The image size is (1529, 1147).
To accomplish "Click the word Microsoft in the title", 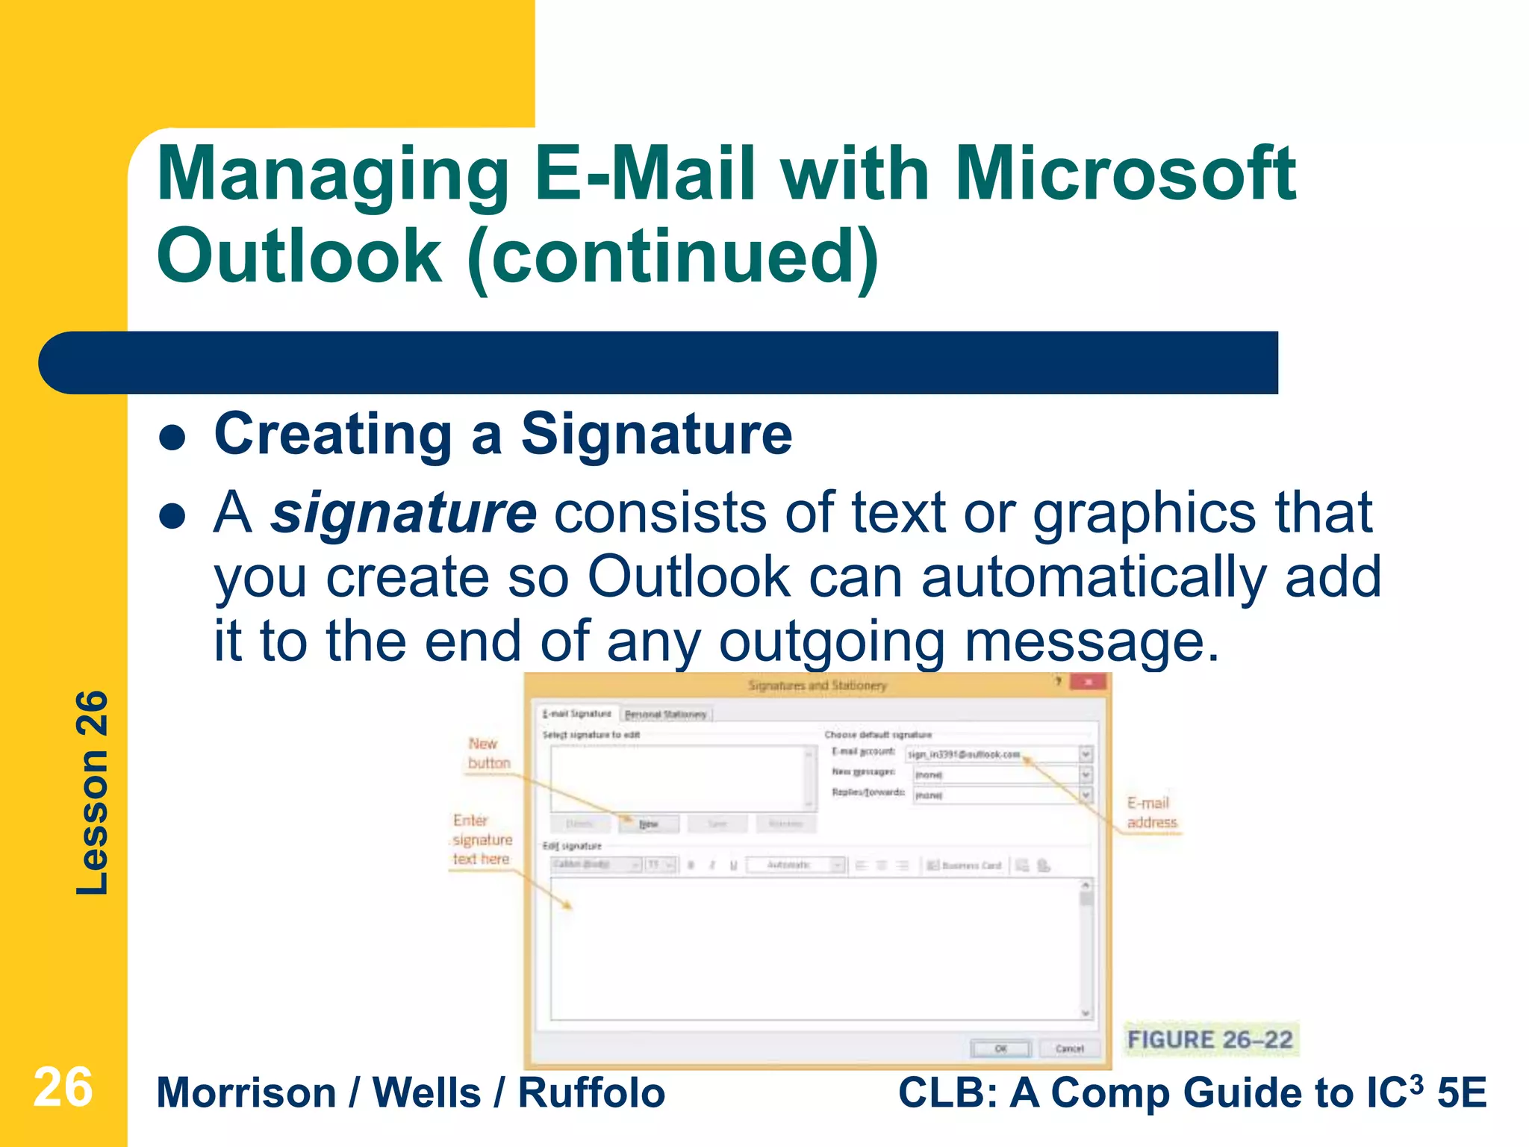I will coord(1125,174).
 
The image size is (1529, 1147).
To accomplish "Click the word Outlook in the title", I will coord(299,256).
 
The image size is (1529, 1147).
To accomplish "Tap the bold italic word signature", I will coord(403,513).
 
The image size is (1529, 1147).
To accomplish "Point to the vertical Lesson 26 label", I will coord(93,792).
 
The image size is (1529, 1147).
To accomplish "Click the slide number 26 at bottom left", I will coord(63,1087).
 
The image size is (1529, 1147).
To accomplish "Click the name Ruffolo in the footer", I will coord(591,1093).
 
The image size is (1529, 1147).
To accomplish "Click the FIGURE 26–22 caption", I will coord(1209,1039).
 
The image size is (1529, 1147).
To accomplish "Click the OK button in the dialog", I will coord(1000,1048).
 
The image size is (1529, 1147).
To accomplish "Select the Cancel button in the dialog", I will coord(1069,1048).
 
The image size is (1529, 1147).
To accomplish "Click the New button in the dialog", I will coord(648,824).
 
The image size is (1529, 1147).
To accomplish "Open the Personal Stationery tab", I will coord(665,715).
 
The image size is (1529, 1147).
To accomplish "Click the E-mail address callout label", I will coord(1150,812).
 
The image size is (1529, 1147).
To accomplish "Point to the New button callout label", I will coord(489,753).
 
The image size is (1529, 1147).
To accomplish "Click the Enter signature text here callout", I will coord(482,840).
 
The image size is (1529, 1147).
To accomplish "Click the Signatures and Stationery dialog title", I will coord(818,686).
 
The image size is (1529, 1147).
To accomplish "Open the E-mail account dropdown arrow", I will coord(1086,754).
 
